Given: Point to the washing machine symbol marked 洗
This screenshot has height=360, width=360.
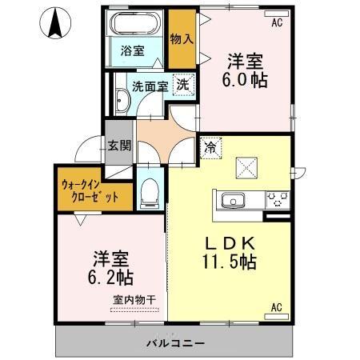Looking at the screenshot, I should coord(183,84).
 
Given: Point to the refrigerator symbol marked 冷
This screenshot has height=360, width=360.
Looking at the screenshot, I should coord(210,147).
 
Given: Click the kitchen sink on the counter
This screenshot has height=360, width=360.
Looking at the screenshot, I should coord(234,200).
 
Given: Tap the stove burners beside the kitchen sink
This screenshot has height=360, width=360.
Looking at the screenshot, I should coord(278,198).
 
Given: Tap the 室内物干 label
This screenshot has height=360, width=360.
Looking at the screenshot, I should coord(134,299).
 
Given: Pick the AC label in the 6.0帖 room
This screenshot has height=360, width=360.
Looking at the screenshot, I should coord(277,23).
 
